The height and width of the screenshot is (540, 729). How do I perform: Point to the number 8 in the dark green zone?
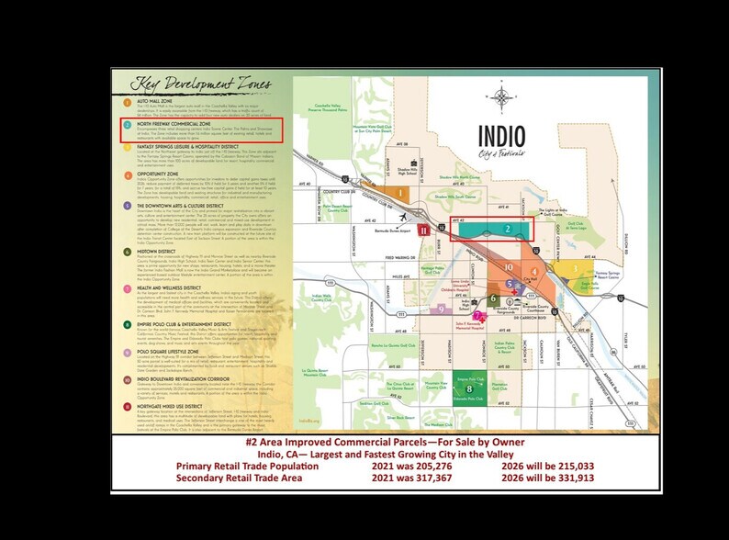[469, 389]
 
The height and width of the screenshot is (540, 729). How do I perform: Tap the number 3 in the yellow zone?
[576, 269]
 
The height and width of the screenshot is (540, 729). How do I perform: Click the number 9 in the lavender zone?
[431, 310]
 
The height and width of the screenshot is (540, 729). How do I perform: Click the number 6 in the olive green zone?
[493, 298]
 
